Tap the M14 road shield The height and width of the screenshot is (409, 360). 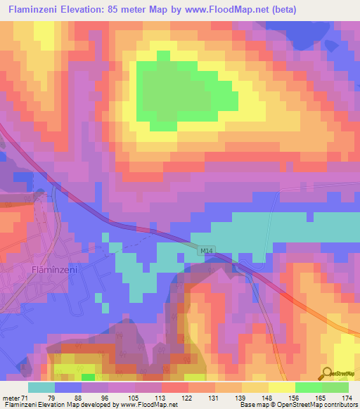click(205, 249)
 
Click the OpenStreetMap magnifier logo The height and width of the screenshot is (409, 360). click(326, 375)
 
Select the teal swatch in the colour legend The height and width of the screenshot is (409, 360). click(41, 387)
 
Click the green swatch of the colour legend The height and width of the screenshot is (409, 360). click(308, 387)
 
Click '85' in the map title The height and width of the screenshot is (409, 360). click(120, 9)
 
